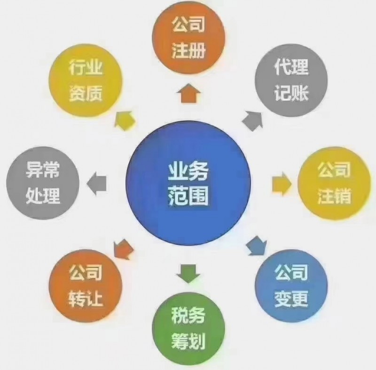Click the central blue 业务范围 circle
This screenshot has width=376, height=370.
(x=188, y=183)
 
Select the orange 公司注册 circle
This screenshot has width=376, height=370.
(x=188, y=37)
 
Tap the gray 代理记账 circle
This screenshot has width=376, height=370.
(x=291, y=80)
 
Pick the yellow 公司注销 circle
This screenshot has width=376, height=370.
(x=334, y=183)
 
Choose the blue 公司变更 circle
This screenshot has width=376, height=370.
(x=291, y=286)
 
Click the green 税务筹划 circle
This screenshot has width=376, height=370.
(x=188, y=329)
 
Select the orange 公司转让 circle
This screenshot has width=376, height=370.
(x=86, y=286)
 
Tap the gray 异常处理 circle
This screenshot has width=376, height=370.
(x=43, y=183)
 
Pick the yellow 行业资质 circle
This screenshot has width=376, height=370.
(x=86, y=80)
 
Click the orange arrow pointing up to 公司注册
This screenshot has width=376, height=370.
(x=188, y=93)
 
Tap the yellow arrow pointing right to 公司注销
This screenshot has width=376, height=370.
(x=282, y=184)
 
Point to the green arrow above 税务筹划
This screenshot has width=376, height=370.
(x=188, y=273)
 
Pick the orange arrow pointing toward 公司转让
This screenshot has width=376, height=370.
(x=123, y=249)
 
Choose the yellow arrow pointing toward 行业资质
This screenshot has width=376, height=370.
(x=125, y=121)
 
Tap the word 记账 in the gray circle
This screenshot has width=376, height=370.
(x=291, y=93)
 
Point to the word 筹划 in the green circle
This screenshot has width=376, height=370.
(x=188, y=341)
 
